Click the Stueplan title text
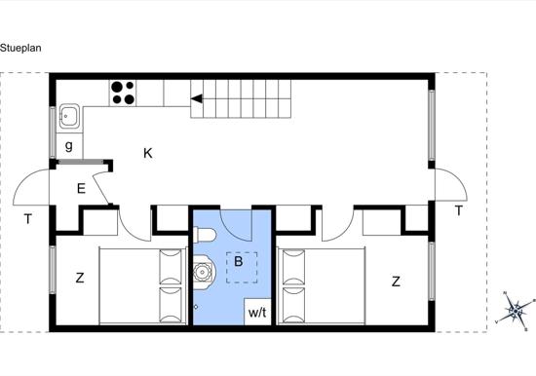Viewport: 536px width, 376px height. click(20, 48)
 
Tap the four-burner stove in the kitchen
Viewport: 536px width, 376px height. click(123, 93)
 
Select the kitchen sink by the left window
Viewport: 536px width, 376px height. click(70, 117)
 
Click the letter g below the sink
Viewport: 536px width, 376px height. click(69, 146)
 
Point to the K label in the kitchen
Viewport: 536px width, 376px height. click(148, 153)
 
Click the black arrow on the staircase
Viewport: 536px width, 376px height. click(197, 98)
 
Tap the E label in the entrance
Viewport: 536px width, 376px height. click(81, 189)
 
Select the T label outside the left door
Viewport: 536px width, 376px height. click(28, 219)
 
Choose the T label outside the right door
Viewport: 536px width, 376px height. click(458, 211)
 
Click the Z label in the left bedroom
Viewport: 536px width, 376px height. click(80, 278)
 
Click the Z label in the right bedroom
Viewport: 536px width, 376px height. click(396, 282)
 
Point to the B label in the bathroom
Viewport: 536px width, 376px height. click(238, 261)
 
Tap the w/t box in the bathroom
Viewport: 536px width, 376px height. click(257, 312)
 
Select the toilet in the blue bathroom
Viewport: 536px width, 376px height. click(205, 236)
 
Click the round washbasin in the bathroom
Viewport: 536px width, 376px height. click(205, 272)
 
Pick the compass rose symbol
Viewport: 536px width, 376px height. click(516, 311)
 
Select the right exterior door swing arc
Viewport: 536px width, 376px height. click(458, 176)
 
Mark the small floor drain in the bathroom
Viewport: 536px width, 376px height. click(196, 307)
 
